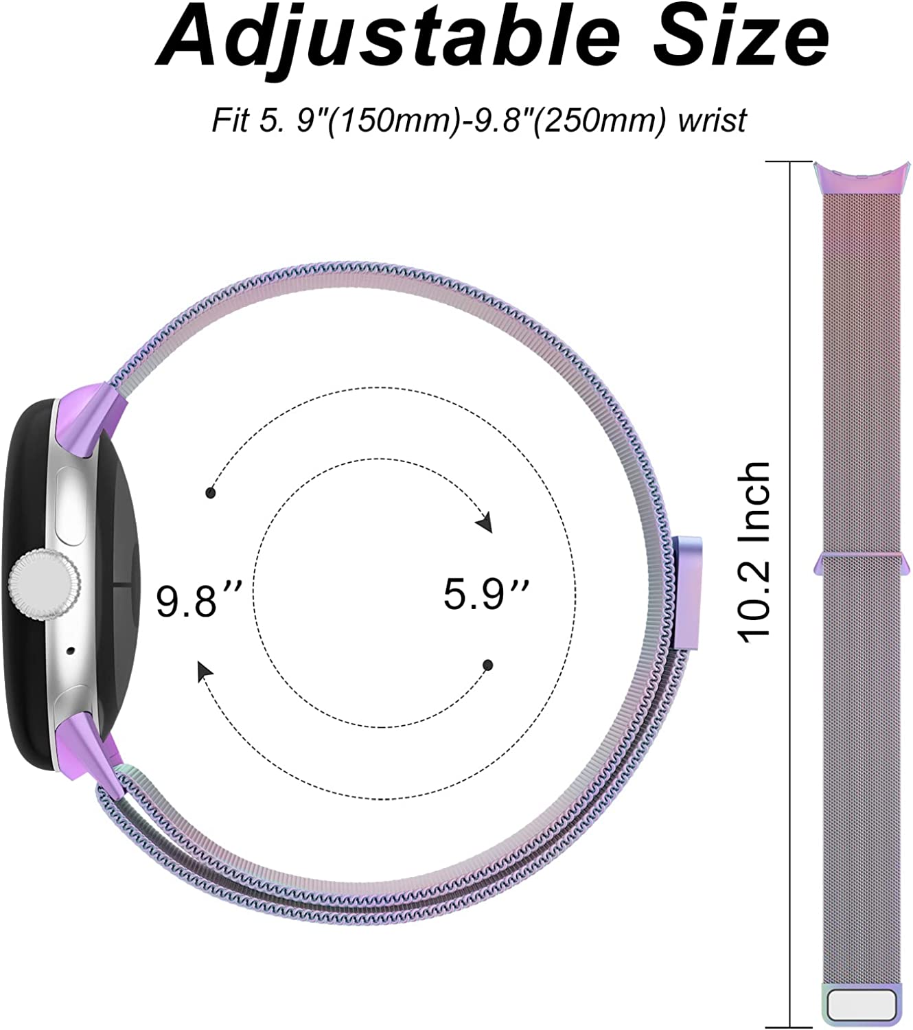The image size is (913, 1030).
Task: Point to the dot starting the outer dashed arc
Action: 211,493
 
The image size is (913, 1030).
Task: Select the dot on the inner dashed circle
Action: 488,665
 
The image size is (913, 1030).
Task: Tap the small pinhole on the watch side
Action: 72,648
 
